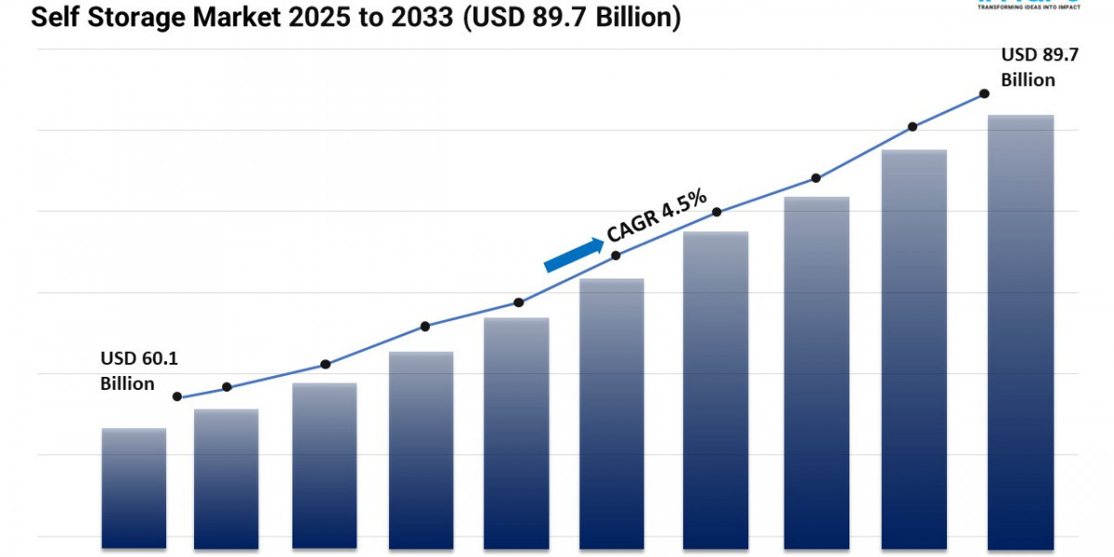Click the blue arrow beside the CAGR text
[573, 254]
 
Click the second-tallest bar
[914, 348]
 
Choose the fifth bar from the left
[516, 432]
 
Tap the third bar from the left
[324, 464]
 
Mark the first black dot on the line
[177, 396]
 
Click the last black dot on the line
[984, 95]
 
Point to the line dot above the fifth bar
[519, 303]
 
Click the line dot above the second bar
[227, 387]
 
